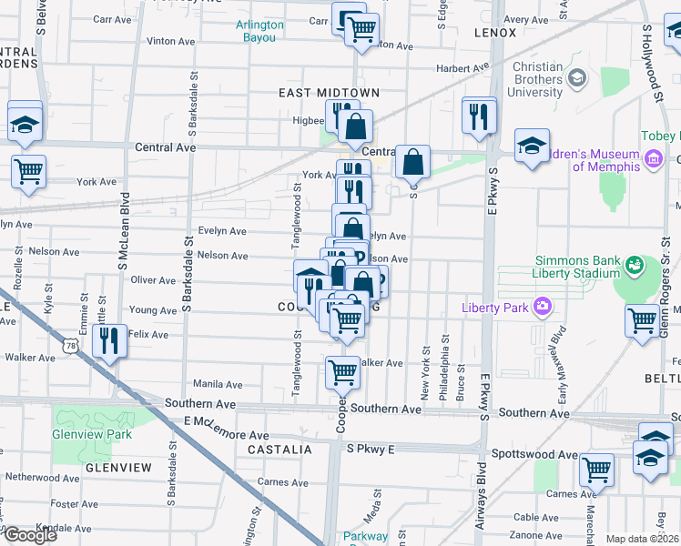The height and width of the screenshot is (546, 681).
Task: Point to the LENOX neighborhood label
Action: [x=495, y=33]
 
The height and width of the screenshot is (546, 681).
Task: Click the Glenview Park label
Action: [x=93, y=434]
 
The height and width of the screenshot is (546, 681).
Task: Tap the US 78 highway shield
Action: [x=72, y=346]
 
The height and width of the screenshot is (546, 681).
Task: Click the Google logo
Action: [x=29, y=534]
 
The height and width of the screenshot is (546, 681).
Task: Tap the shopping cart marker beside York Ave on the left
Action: [x=29, y=169]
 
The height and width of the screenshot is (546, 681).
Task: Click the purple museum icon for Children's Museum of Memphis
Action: [x=653, y=160]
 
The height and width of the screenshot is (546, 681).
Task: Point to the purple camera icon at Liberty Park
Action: [x=544, y=307]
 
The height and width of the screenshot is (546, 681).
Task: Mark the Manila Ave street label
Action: [x=217, y=385]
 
